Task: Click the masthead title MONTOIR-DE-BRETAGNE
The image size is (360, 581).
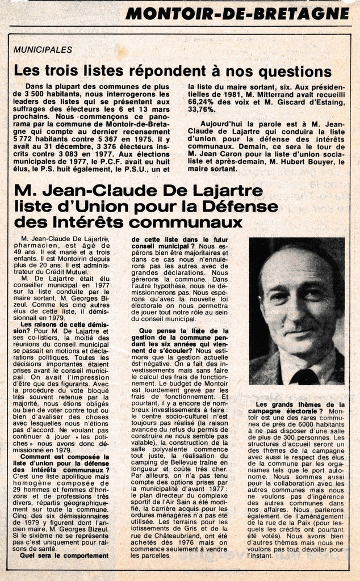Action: [237, 12]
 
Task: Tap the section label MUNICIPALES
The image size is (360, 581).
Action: [43, 49]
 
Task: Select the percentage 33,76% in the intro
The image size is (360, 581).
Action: [202, 109]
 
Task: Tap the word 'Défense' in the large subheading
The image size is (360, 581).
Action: [241, 205]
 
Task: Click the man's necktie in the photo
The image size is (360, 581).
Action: [305, 376]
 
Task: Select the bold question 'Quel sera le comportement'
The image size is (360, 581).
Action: [63, 555]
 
